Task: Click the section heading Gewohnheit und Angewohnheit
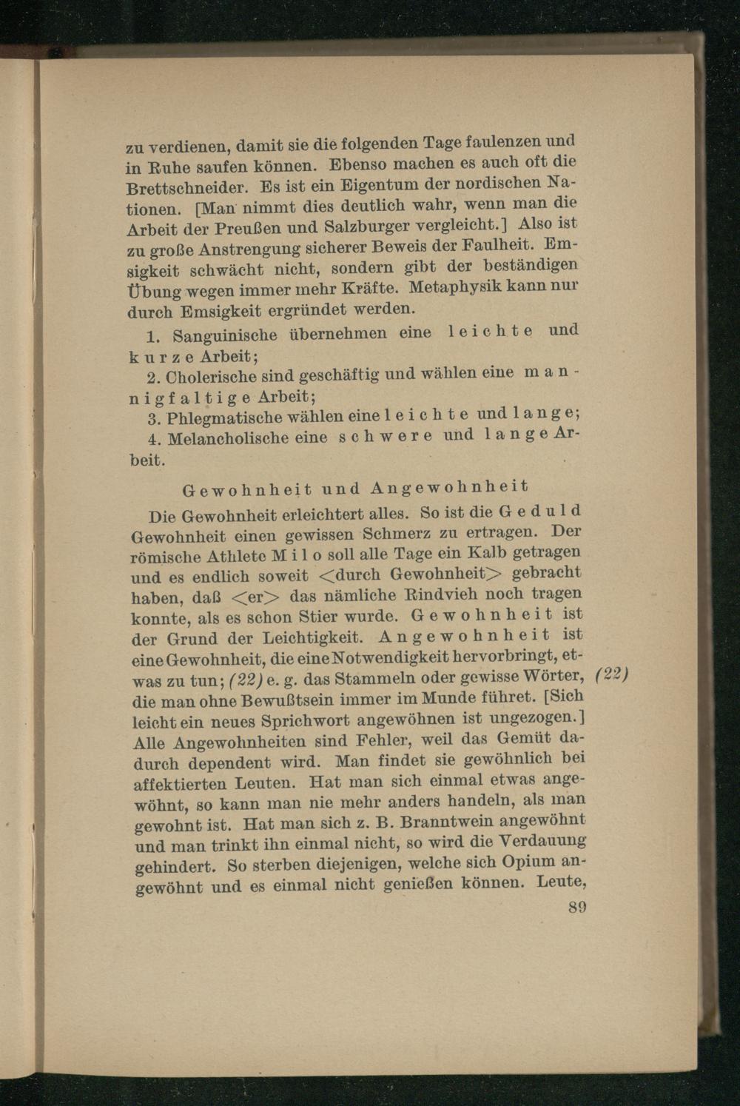[x=356, y=488]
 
